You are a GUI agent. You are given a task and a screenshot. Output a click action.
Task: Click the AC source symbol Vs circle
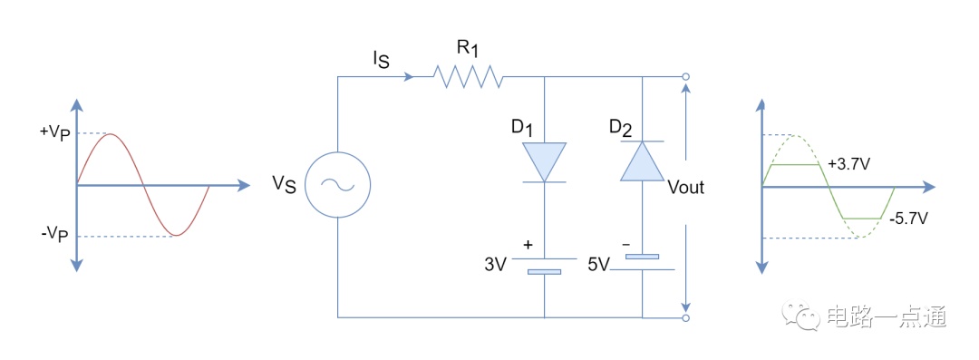337,185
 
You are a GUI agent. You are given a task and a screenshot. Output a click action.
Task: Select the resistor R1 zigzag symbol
469,77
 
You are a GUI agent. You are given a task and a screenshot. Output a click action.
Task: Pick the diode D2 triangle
643,161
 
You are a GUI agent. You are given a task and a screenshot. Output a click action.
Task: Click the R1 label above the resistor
469,49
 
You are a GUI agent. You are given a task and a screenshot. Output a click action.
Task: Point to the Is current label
380,61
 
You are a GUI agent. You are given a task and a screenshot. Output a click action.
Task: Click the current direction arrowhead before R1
408,77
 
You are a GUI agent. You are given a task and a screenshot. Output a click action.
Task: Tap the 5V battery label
598,263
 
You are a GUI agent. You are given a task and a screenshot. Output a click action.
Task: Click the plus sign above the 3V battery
528,245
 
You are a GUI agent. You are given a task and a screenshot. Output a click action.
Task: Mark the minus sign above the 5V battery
626,244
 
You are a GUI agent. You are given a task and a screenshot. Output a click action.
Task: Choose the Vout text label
685,187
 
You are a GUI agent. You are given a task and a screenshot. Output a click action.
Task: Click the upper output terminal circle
685,77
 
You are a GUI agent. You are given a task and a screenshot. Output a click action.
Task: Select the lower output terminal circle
685,317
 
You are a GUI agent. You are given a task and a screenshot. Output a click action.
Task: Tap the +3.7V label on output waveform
849,164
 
